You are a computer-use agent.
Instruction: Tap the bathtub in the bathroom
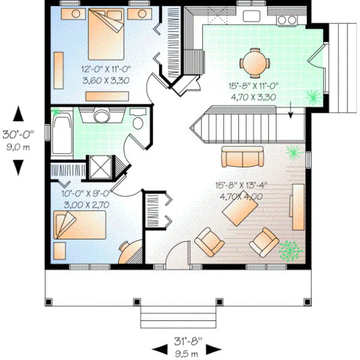(x=61, y=134)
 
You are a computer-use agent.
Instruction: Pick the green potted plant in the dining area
(x=311, y=94)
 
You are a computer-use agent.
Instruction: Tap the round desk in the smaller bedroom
(x=130, y=251)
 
